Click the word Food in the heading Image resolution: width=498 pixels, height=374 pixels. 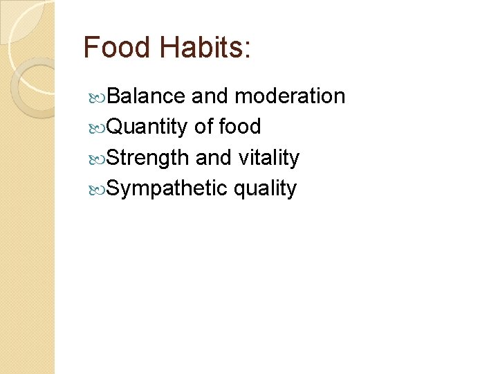click(x=116, y=48)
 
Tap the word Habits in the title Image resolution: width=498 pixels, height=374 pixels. click(x=199, y=48)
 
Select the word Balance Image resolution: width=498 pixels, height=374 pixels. click(x=146, y=96)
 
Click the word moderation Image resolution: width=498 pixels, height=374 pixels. click(x=290, y=96)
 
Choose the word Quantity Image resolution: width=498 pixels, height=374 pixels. click(x=147, y=127)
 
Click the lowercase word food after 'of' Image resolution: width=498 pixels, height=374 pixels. click(x=239, y=127)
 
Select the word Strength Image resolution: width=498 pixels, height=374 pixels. click(x=148, y=158)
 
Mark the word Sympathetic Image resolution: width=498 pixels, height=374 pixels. click(x=167, y=188)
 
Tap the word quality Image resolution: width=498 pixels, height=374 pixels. click(x=265, y=189)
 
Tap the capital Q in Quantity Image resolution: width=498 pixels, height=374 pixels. click(x=115, y=127)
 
